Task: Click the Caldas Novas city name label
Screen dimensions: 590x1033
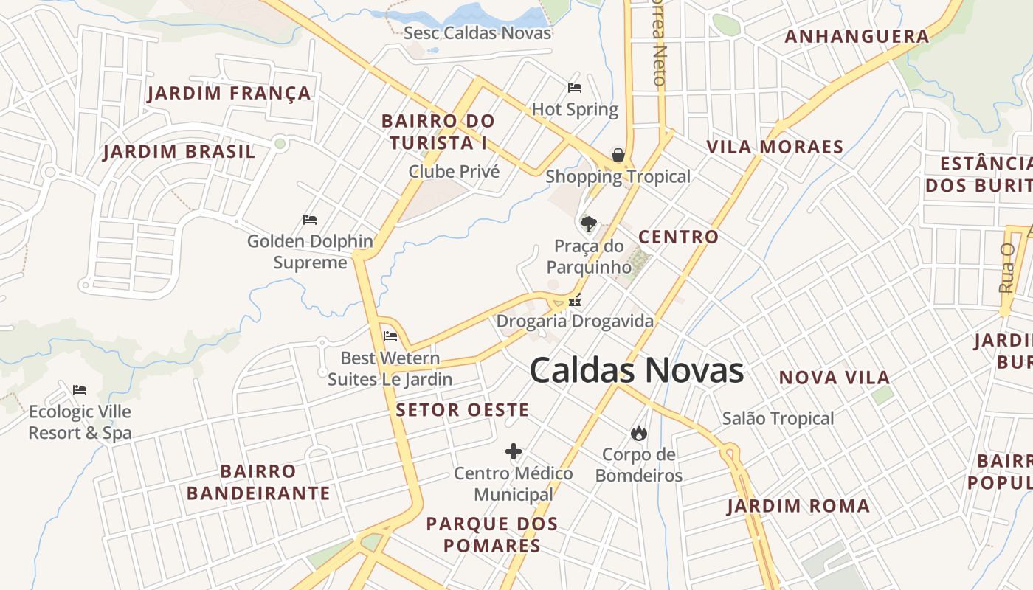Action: [x=636, y=370]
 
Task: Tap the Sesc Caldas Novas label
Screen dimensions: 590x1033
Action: [x=477, y=33]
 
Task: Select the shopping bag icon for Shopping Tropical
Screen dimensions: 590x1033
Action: [x=618, y=155]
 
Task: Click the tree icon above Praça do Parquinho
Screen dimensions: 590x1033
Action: [x=588, y=223]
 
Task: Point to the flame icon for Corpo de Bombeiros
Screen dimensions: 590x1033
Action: [x=638, y=433]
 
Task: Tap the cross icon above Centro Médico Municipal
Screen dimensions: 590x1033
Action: [x=514, y=451]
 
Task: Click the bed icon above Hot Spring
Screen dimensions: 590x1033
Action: [x=575, y=88]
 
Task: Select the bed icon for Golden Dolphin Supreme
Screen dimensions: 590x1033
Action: [x=310, y=220]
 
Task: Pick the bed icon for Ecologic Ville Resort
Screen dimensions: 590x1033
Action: [x=80, y=389]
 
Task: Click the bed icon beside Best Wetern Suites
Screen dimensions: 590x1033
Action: [x=390, y=336]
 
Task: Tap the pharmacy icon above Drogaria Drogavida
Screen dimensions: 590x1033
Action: [x=575, y=301]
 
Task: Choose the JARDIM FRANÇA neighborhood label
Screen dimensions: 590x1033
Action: [x=229, y=94]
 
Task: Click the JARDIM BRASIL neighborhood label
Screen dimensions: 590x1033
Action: [x=179, y=152]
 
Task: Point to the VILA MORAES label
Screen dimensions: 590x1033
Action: [x=775, y=147]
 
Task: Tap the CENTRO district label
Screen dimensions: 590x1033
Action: [x=678, y=237]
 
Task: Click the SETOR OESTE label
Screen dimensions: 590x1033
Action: [x=463, y=410]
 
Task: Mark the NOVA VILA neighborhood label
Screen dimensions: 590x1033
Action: [x=835, y=378]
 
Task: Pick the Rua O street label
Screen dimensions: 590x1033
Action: [x=1006, y=268]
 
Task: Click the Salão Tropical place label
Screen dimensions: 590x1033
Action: [x=778, y=419]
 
